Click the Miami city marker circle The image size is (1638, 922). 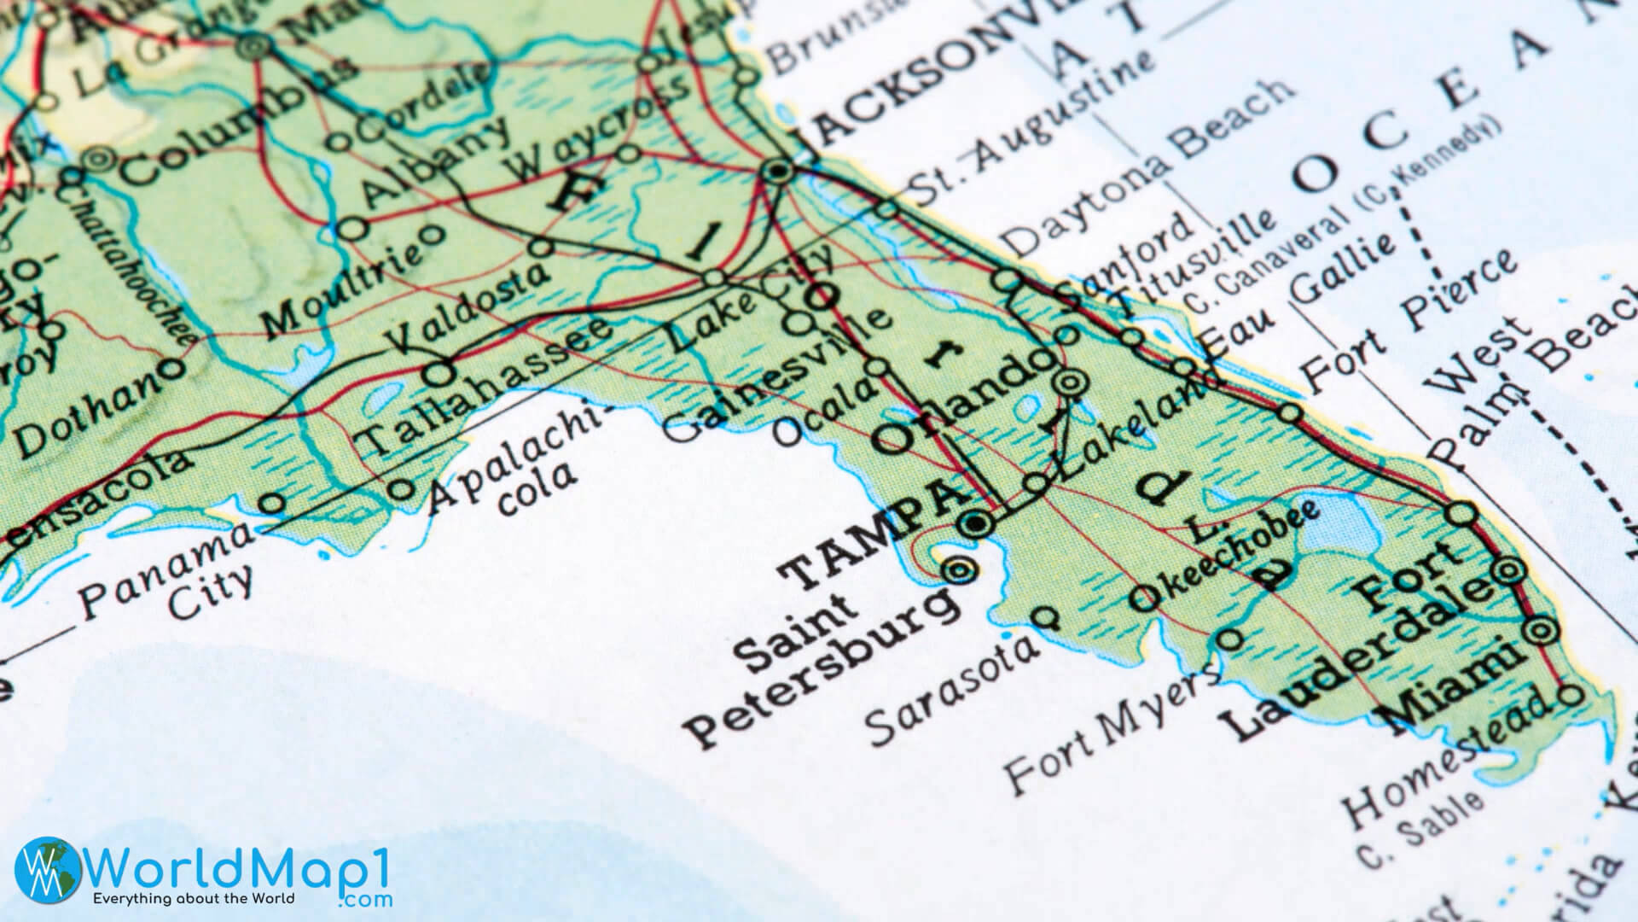click(x=1541, y=632)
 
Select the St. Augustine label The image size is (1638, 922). click(x=1028, y=120)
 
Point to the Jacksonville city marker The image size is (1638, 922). click(x=777, y=172)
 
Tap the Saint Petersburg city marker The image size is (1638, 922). click(x=961, y=569)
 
